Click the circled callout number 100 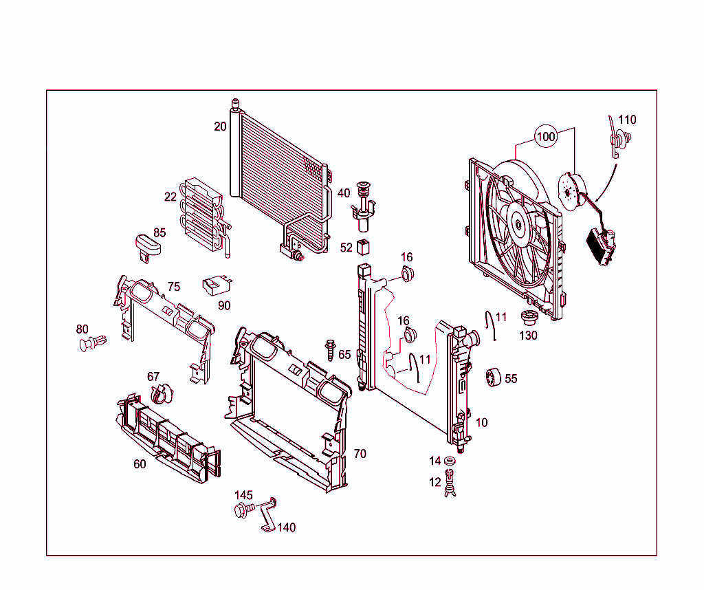pyautogui.click(x=546, y=136)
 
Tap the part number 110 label pyautogui.click(x=627, y=120)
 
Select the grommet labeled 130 pyautogui.click(x=528, y=320)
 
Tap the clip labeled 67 pyautogui.click(x=160, y=394)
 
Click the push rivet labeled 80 pyautogui.click(x=91, y=342)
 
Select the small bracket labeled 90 pyautogui.click(x=214, y=283)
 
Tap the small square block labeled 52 pyautogui.click(x=364, y=246)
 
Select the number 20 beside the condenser pyautogui.click(x=220, y=127)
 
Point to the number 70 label pyautogui.click(x=360, y=454)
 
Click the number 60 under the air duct pyautogui.click(x=140, y=464)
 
